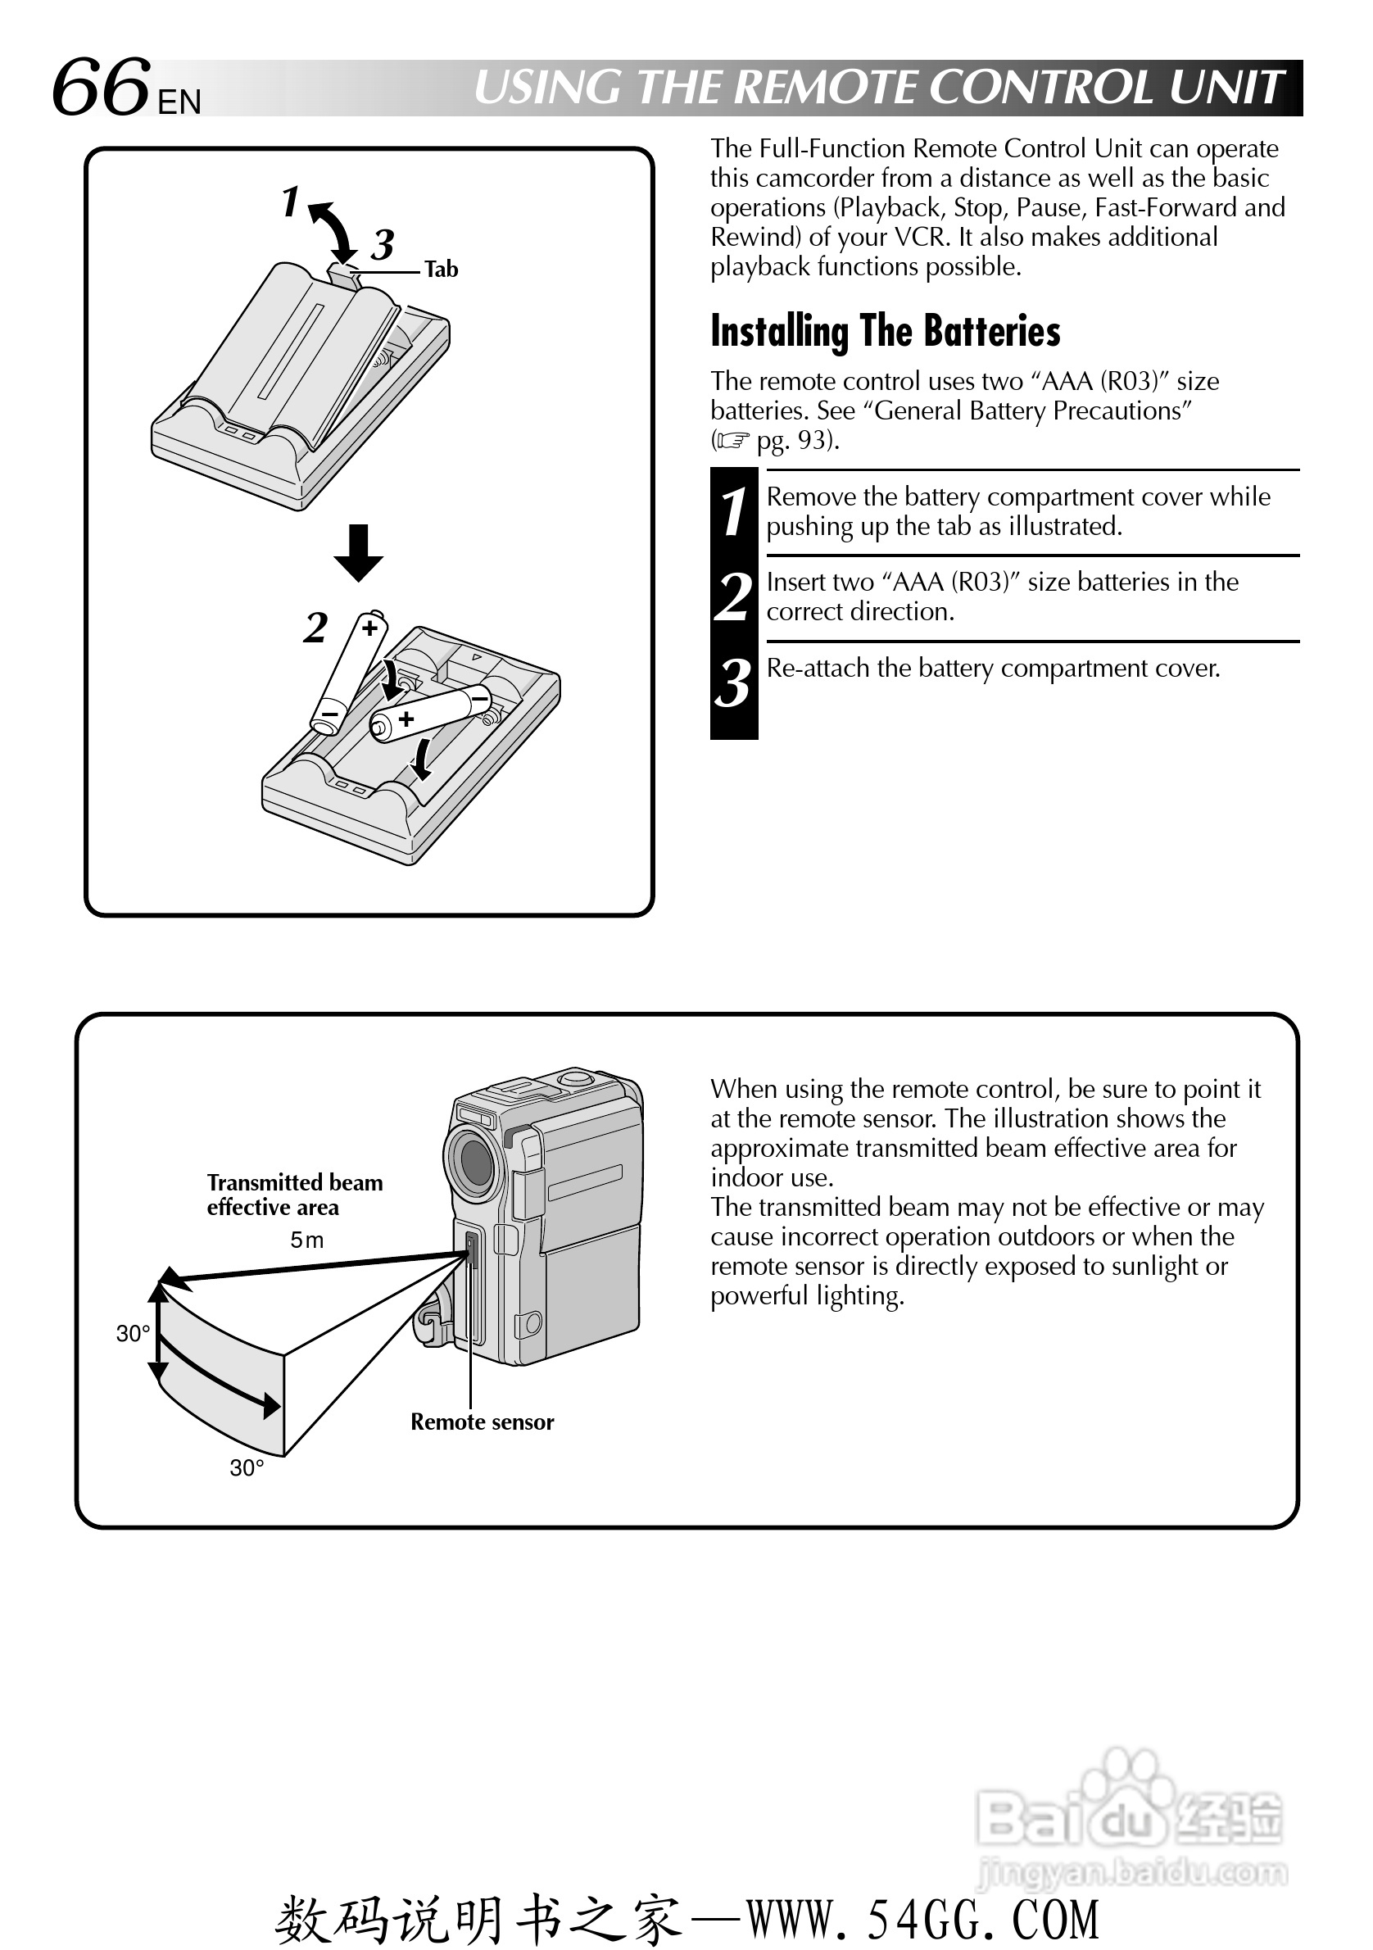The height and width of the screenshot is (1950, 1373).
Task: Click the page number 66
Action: point(100,88)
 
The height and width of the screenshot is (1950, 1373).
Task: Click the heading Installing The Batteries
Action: point(885,331)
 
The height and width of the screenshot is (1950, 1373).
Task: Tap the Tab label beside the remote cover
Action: point(441,270)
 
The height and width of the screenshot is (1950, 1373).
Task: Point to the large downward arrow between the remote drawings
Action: point(358,552)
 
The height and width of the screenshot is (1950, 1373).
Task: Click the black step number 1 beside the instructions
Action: point(734,512)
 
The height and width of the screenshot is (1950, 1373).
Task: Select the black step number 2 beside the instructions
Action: point(734,597)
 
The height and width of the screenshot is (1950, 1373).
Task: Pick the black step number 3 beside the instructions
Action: point(734,683)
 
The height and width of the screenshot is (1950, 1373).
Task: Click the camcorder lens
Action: point(473,1159)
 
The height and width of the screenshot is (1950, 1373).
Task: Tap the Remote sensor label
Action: point(482,1422)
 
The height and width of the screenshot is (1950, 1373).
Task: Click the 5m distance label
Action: point(306,1240)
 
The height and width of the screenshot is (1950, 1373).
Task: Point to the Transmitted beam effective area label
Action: point(294,1194)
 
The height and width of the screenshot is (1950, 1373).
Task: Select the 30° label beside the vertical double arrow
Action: point(134,1333)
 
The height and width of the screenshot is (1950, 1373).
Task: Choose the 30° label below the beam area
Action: point(247,1467)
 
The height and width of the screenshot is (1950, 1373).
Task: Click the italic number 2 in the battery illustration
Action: point(316,628)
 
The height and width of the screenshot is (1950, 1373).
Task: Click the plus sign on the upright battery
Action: point(369,628)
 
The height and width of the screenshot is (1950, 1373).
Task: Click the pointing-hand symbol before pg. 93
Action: point(732,441)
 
